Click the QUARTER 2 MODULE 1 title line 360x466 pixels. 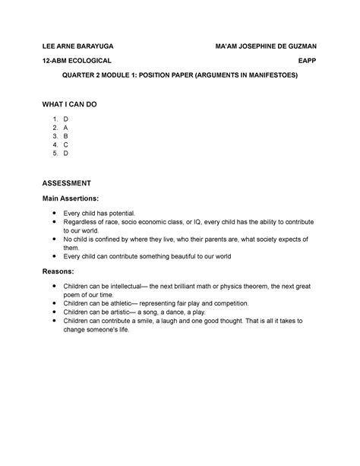click(179, 76)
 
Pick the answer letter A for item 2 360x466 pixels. click(66, 129)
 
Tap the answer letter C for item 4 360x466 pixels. click(66, 144)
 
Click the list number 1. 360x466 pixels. click(55, 121)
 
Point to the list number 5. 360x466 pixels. click(55, 153)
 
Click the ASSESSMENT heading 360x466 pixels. click(67, 183)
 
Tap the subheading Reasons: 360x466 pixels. click(58, 271)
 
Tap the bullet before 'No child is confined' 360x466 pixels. click(54, 239)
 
